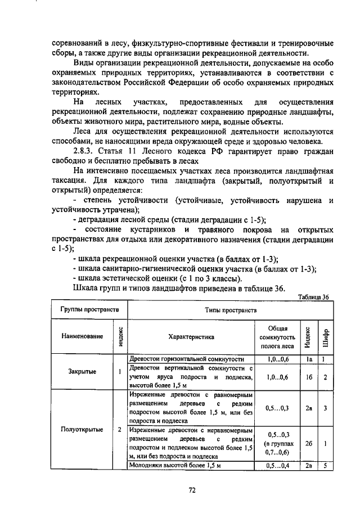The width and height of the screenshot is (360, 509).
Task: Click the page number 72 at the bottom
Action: pyautogui.click(x=191, y=490)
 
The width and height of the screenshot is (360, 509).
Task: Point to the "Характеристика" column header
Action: pyautogui.click(x=191, y=337)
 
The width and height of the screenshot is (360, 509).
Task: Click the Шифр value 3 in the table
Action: pyautogui.click(x=326, y=408)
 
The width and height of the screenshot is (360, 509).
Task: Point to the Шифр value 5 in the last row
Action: pyautogui.click(x=326, y=465)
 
